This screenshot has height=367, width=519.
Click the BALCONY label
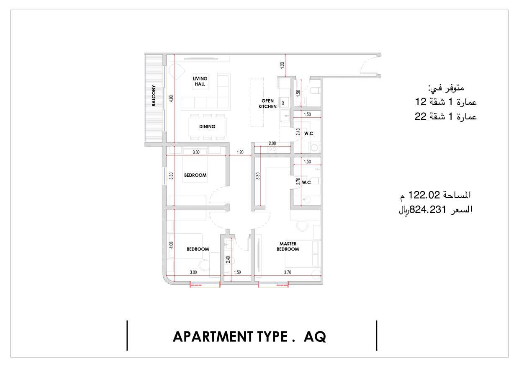(x=154, y=96)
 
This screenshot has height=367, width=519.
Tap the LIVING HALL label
(x=200, y=81)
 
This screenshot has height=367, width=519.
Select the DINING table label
(x=207, y=127)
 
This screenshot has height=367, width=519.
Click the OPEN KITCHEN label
(x=267, y=104)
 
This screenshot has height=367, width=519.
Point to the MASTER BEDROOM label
(x=288, y=246)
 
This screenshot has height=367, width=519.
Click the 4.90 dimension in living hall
(x=171, y=98)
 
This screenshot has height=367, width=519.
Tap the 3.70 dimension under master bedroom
(x=288, y=272)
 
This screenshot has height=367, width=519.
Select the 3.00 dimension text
(x=193, y=272)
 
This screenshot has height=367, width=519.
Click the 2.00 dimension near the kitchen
(x=272, y=143)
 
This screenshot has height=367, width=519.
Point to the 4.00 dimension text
(x=171, y=245)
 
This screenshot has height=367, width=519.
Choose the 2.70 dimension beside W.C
(x=298, y=181)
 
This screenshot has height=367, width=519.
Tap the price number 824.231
(x=428, y=210)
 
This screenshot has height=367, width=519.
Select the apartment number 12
(x=421, y=102)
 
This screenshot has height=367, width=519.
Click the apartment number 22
(x=421, y=116)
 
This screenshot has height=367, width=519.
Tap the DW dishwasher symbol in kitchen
(x=283, y=103)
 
